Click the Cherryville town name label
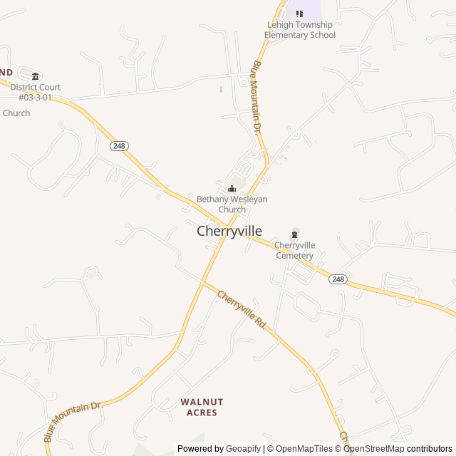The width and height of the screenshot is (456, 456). pos(229,232)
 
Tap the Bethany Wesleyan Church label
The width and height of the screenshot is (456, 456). pos(232,204)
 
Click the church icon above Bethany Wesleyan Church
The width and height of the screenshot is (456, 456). pos(232,189)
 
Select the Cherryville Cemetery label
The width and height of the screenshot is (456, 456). pos(294,250)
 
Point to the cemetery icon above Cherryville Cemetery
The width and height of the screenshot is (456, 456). pos(294,234)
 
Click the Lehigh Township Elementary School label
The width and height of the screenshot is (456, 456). pos(299,30)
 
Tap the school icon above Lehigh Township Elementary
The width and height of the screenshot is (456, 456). pos(299,14)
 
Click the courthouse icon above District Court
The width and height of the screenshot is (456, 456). pos(35,76)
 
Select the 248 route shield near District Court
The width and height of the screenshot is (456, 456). pos(119,145)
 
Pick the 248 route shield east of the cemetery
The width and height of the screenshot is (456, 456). pos(338,279)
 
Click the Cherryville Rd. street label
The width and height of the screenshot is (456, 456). pos(242,309)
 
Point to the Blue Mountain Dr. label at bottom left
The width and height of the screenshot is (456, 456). pos(73,420)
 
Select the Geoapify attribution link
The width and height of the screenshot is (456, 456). pos(243,449)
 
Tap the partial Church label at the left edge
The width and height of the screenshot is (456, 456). pos(16,113)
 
